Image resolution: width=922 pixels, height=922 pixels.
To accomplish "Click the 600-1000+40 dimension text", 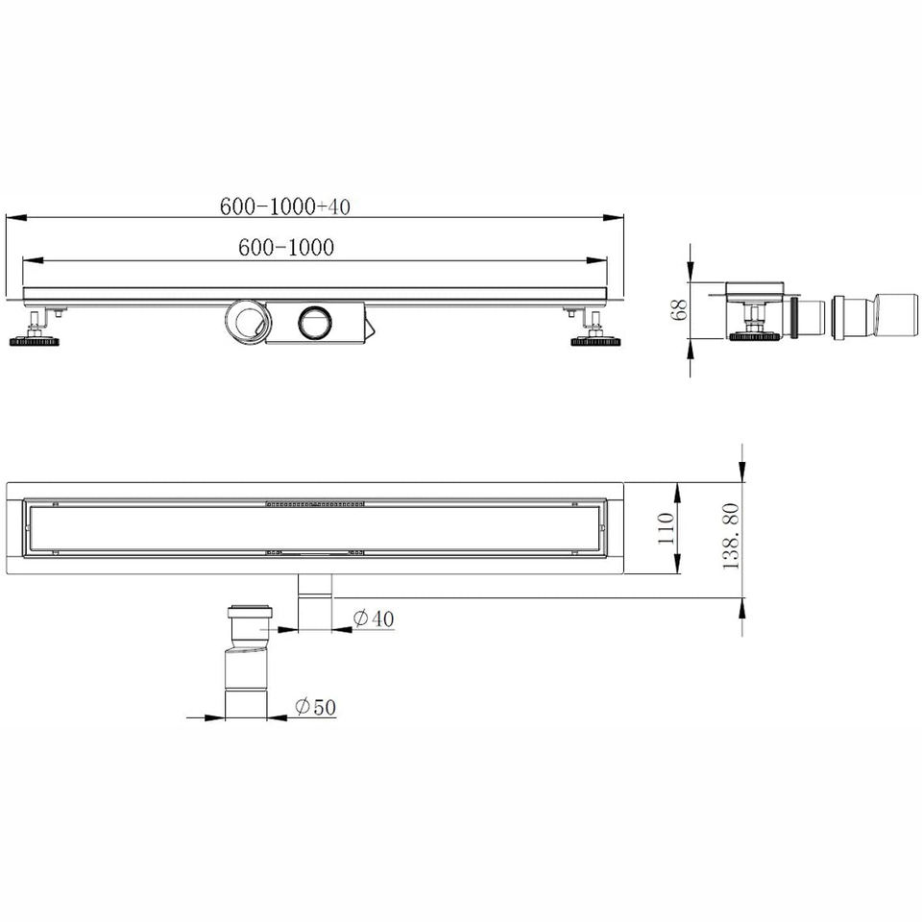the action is click(285, 206).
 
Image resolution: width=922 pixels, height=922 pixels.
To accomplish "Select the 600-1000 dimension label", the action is click(286, 247).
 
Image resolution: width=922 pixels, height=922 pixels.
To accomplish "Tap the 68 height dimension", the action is click(679, 309).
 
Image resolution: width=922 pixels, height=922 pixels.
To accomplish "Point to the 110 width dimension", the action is click(665, 528).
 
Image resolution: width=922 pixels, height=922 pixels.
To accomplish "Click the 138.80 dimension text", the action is click(731, 536).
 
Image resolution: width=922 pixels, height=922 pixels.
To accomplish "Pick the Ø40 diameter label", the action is click(374, 618).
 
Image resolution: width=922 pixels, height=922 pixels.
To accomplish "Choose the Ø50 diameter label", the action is click(315, 706).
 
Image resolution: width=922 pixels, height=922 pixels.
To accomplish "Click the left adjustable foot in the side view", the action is click(35, 329).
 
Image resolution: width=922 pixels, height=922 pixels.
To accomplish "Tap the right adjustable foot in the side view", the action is click(595, 329).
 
